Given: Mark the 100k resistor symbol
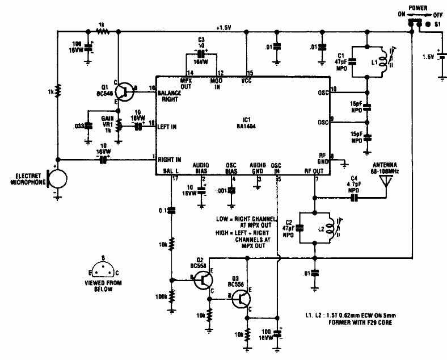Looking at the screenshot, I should tap(172, 296).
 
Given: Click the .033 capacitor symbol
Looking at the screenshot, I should tap(88, 125).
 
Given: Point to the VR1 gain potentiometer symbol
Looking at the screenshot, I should tap(118, 125).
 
